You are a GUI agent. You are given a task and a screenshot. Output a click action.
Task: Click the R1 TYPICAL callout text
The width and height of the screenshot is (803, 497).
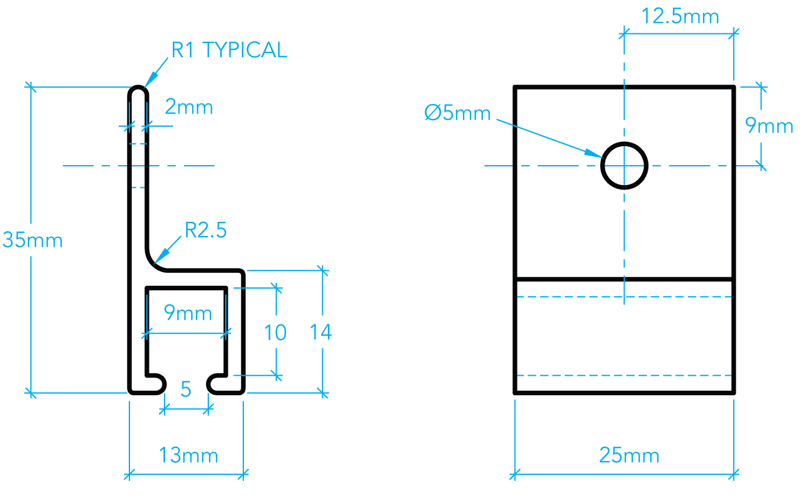click(228, 50)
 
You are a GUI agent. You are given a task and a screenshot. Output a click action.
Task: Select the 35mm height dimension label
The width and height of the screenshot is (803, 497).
click(33, 240)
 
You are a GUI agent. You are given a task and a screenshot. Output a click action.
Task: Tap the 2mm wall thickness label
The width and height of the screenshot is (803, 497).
click(189, 107)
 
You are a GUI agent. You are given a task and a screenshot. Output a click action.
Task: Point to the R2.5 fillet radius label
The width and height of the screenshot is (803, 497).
click(206, 230)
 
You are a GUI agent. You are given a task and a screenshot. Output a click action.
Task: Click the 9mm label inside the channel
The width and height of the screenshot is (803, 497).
click(188, 313)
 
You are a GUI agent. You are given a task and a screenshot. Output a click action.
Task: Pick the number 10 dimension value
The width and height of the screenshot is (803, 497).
click(275, 333)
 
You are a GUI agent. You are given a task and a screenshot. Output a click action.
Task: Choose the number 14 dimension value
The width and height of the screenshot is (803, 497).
click(321, 332)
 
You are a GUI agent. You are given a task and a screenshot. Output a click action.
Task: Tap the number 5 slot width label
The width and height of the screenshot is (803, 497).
click(186, 390)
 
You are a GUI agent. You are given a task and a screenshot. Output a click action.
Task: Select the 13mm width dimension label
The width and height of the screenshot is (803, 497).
click(188, 455)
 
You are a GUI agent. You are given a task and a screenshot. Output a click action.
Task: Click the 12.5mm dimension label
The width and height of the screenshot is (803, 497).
click(680, 16)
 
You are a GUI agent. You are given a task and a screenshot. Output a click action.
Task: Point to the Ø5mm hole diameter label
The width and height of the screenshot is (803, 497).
click(457, 113)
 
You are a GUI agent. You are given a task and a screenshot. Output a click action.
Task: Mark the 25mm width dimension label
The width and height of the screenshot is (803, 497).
click(629, 455)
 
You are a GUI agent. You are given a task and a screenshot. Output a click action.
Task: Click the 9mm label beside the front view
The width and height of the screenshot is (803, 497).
click(769, 126)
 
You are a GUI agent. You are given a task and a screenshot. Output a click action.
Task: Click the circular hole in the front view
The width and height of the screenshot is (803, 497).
click(624, 166)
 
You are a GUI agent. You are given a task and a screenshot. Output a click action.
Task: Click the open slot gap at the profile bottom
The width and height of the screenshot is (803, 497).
click(186, 384)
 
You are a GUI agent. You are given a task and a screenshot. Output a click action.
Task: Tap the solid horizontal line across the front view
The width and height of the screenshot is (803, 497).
click(624, 279)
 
